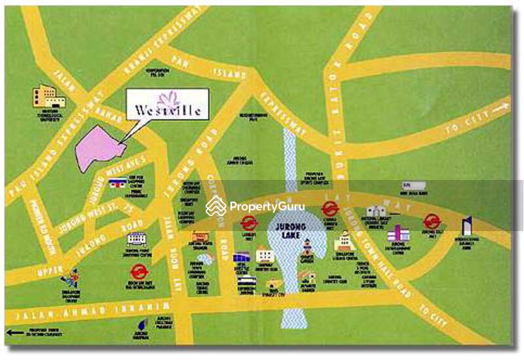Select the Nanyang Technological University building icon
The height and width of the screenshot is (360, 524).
coord(50,97)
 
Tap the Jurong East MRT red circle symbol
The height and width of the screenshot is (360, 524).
coord(430,221)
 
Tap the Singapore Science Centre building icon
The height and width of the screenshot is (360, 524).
coord(345,243)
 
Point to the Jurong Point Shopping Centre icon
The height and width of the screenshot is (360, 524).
coord(136,239)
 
